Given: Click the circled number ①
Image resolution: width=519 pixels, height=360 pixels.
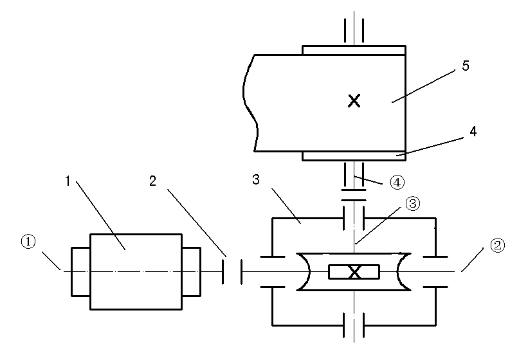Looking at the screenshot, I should [27, 242].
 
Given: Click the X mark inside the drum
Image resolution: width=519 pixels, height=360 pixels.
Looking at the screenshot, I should [354, 100].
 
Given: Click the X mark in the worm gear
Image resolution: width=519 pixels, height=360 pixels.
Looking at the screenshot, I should [354, 272].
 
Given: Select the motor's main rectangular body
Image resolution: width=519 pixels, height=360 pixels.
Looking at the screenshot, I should [135, 271].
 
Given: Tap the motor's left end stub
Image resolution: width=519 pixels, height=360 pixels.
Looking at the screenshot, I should [80, 271].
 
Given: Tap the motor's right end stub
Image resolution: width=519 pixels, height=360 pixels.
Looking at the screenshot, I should [191, 271].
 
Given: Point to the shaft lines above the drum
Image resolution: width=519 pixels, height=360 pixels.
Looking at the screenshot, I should [354, 29].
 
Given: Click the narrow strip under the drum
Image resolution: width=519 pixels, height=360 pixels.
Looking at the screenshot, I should [354, 156].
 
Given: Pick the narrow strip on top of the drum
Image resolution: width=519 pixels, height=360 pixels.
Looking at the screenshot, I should [354, 50].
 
